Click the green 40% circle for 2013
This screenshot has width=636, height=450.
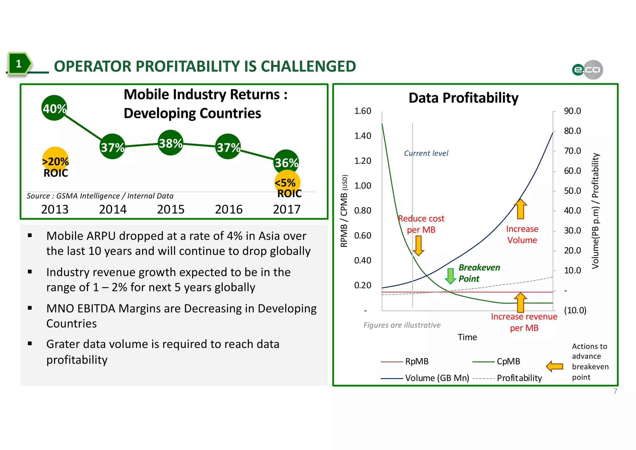pyautogui.click(x=54, y=108)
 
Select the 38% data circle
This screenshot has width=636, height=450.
pyautogui.click(x=170, y=143)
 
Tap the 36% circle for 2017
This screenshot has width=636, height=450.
pyautogui.click(x=286, y=162)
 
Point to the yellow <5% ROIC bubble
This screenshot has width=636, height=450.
pyautogui.click(x=287, y=183)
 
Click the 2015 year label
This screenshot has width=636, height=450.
pyautogui.click(x=170, y=209)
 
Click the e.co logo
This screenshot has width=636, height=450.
pyautogui.click(x=587, y=70)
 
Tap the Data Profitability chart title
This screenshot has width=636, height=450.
pyautogui.click(x=463, y=98)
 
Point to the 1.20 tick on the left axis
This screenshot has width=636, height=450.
pyautogui.click(x=363, y=161)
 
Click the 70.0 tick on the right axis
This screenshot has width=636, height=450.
pyautogui.click(x=572, y=151)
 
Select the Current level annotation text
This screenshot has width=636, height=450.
pyautogui.click(x=426, y=153)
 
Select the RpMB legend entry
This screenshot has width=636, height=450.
pyautogui.click(x=416, y=361)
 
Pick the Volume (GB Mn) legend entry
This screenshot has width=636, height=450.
pyautogui.click(x=437, y=378)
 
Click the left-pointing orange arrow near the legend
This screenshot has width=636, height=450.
pyautogui.click(x=555, y=366)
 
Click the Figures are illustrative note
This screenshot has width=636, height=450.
pyautogui.click(x=402, y=325)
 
